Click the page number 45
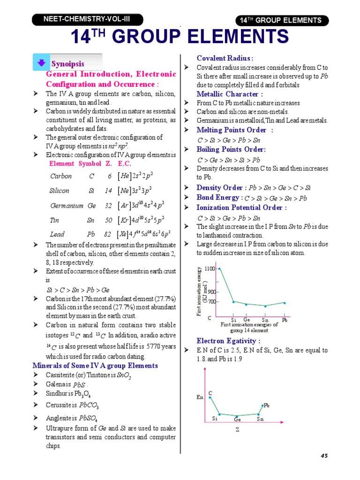[324, 456]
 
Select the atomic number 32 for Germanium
[108, 205]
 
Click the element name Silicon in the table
[60, 191]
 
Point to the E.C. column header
[125, 164]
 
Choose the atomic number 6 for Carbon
[109, 176]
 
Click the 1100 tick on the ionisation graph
[210, 269]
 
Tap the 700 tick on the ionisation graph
[211, 302]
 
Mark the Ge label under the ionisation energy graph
[246, 320]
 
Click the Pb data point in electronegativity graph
[262, 405]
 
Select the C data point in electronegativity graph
[210, 397]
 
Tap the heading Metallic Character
[226, 94]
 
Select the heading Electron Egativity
[228, 341]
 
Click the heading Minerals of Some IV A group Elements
[95, 366]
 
